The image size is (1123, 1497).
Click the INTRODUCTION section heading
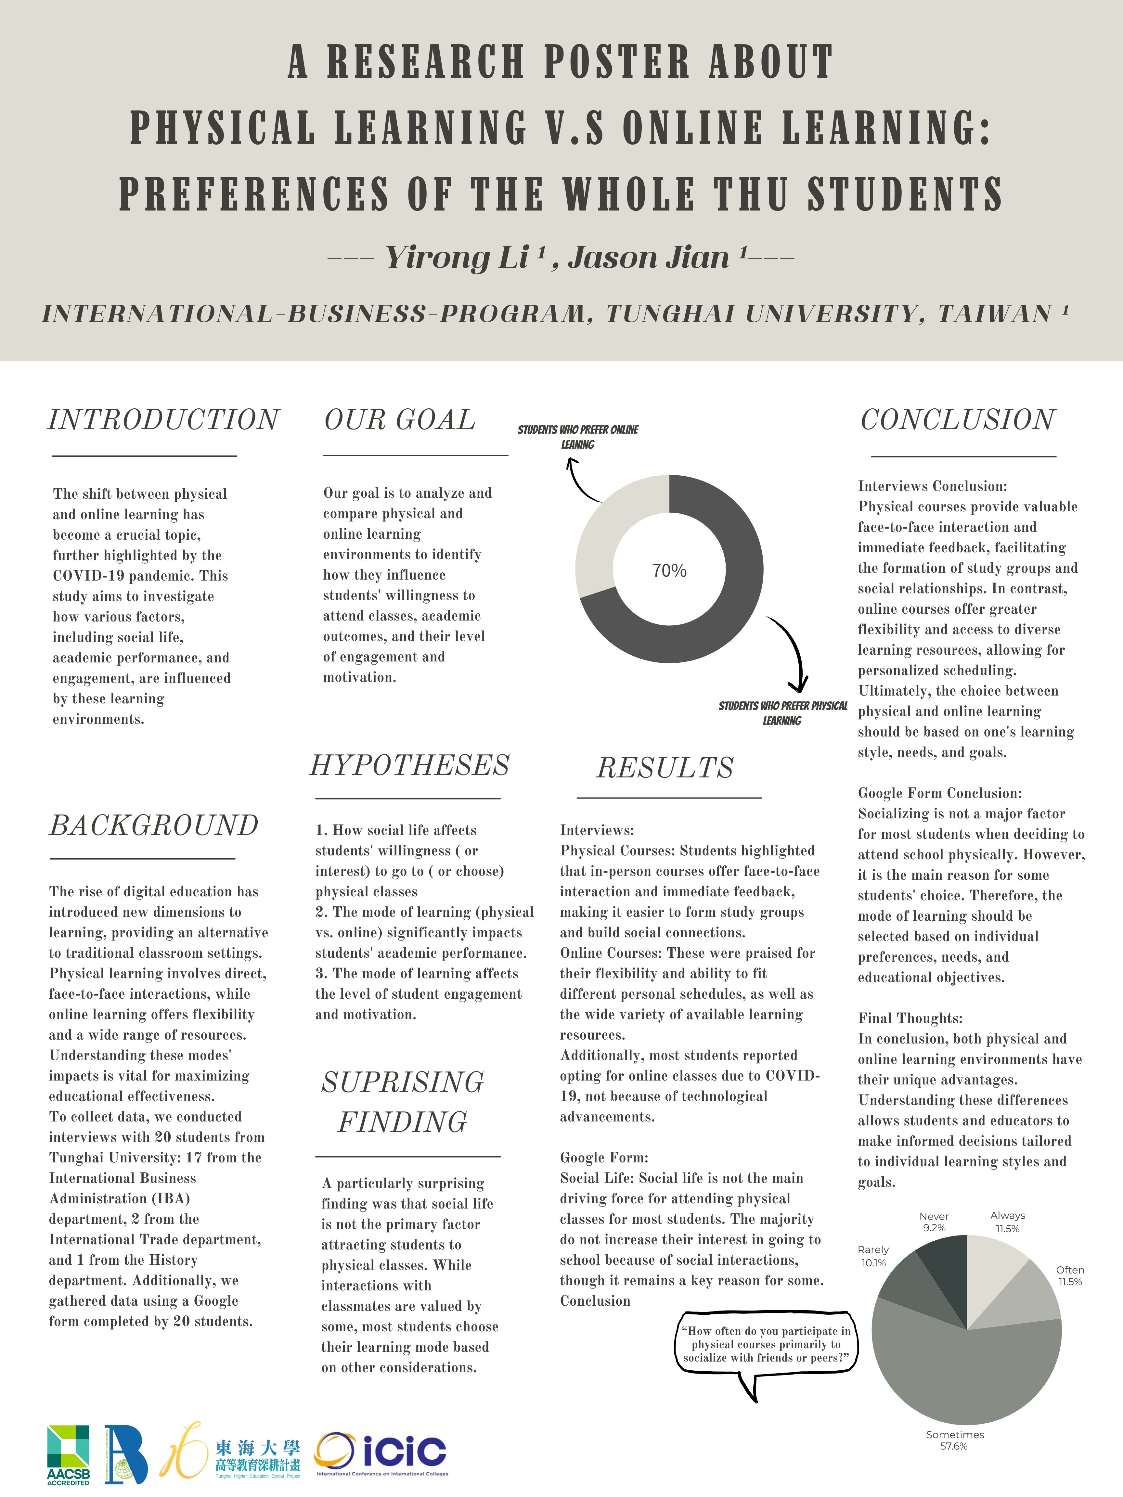tap(163, 420)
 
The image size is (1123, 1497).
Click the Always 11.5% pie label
tap(1007, 1222)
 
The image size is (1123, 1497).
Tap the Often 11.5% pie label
tap(1069, 1276)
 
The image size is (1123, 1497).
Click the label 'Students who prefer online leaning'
tap(577, 437)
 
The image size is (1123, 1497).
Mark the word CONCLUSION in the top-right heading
tap(957, 420)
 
